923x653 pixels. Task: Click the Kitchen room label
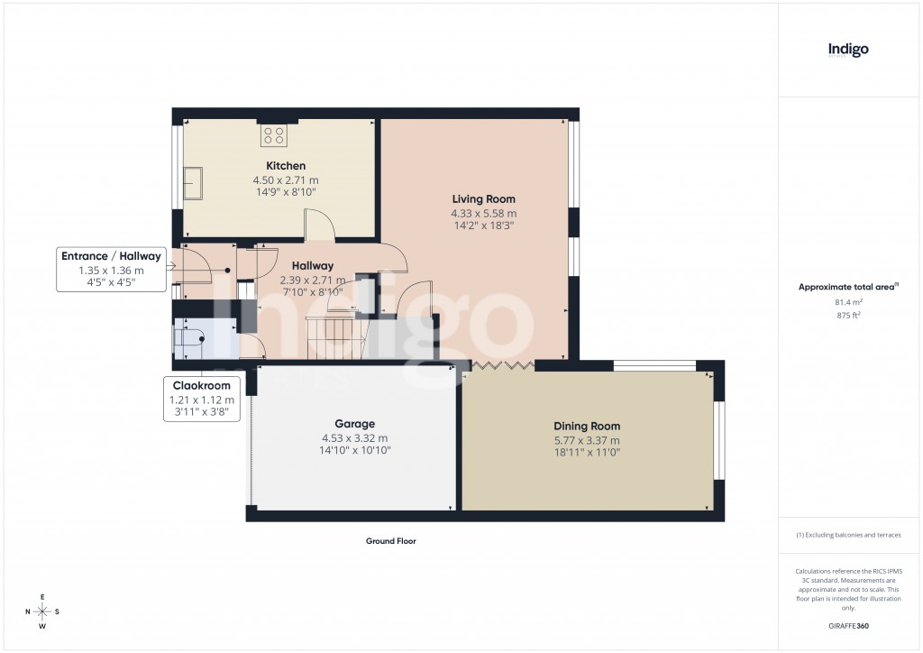coord(285,166)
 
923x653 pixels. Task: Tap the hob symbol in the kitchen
coord(274,136)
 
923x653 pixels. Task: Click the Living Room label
coord(483,198)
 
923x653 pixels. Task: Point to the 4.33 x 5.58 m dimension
coord(483,214)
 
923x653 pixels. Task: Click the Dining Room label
coord(587,426)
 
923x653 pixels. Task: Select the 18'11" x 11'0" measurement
coord(587,453)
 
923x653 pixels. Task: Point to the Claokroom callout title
coord(201,386)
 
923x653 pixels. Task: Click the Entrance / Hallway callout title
coord(111,256)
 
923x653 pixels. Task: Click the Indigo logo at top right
coord(848,50)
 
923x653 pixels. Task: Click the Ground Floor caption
coord(390,541)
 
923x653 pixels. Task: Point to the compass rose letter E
coord(42,597)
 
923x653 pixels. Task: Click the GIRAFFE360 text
coord(848,625)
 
